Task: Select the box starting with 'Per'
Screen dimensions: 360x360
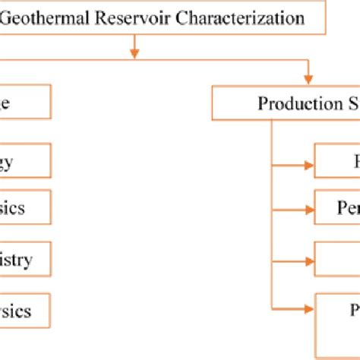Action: (x=337, y=207)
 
